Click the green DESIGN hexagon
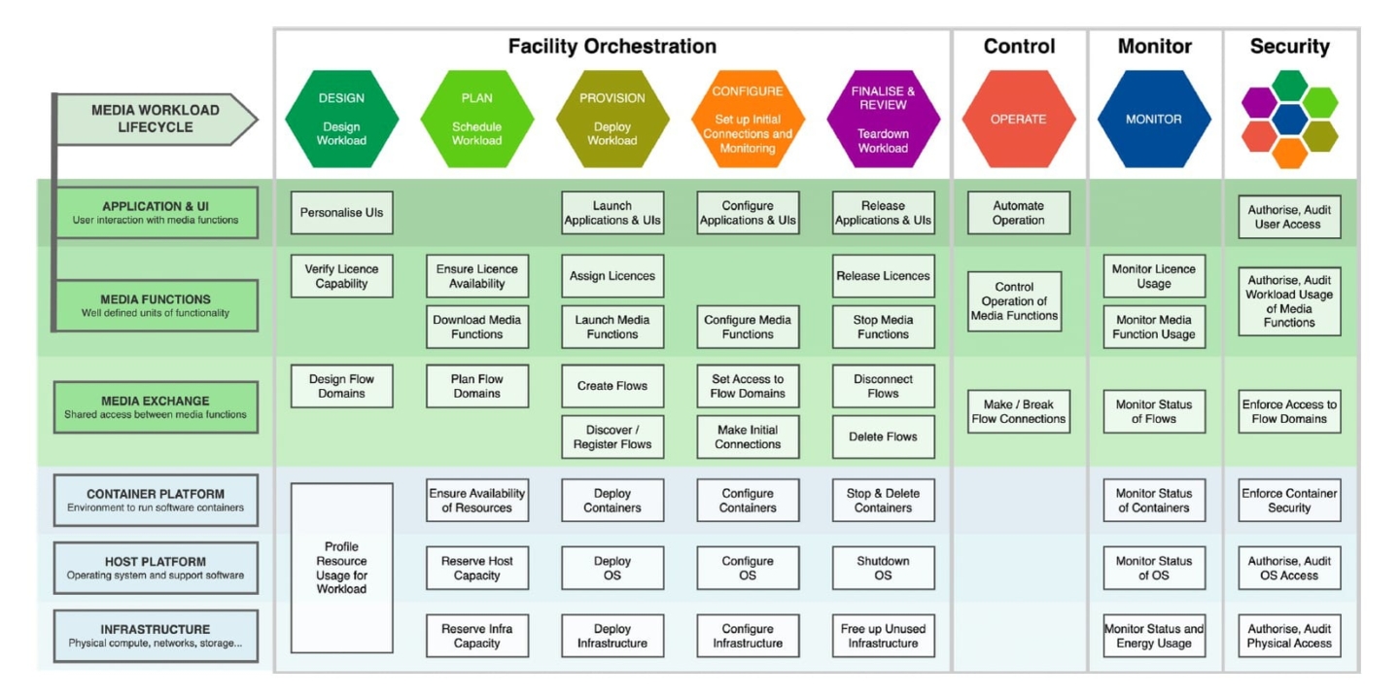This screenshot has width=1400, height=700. [x=341, y=119]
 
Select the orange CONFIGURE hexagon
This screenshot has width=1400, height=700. [x=748, y=119]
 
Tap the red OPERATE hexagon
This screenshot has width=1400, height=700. [x=1018, y=119]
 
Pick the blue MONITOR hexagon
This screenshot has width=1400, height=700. [x=1154, y=119]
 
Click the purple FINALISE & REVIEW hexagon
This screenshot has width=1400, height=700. [x=883, y=119]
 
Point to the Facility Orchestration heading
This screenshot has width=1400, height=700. [x=612, y=47]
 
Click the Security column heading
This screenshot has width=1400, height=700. [x=1289, y=47]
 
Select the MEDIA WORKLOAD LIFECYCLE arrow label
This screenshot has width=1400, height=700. [x=157, y=119]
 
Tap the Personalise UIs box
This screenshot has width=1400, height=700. [x=342, y=213]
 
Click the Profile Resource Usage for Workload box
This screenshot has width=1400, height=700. [x=342, y=568]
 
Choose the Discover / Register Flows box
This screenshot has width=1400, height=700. [x=612, y=437]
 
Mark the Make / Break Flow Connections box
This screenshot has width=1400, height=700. [x=1019, y=411]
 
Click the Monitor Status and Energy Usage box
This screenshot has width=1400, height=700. [x=1154, y=636]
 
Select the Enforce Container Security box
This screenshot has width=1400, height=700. [x=1289, y=500]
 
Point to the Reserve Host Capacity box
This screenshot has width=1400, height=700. [x=476, y=568]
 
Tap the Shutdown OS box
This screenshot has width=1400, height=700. [x=883, y=568]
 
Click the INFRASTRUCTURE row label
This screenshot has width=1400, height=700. [x=156, y=636]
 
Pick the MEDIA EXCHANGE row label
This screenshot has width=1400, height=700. [x=156, y=406]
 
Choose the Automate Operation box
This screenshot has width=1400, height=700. [x=1019, y=213]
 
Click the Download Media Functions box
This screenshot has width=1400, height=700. [x=476, y=327]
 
